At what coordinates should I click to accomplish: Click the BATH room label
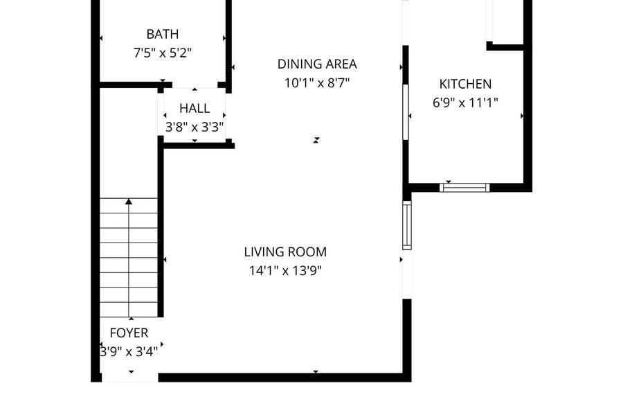[x=162, y=34]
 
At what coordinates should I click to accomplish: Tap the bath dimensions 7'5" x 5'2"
[x=163, y=53]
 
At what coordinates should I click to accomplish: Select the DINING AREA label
[x=316, y=64]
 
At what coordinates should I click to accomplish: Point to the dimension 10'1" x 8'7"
[x=316, y=83]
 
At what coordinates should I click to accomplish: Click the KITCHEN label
[x=465, y=84]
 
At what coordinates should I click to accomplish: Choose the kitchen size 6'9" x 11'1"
[x=465, y=103]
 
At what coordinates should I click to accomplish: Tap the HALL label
[x=195, y=108]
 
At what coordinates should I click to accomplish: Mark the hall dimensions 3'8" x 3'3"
[x=195, y=127]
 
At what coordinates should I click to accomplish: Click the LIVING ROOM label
[x=285, y=252]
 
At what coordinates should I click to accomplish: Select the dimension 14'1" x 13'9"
[x=285, y=271]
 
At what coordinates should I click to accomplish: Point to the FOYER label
[x=129, y=333]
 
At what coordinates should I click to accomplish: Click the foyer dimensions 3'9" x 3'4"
[x=129, y=352]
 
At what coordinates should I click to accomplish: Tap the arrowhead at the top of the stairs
[x=128, y=202]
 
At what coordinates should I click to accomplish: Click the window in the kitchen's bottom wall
[x=464, y=188]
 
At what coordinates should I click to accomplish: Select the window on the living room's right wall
[x=407, y=225]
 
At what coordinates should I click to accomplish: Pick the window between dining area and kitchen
[x=406, y=112]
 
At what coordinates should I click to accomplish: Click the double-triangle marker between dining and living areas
[x=316, y=140]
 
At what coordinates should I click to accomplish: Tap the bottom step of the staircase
[x=128, y=310]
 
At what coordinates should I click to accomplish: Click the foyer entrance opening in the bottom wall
[x=130, y=378]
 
